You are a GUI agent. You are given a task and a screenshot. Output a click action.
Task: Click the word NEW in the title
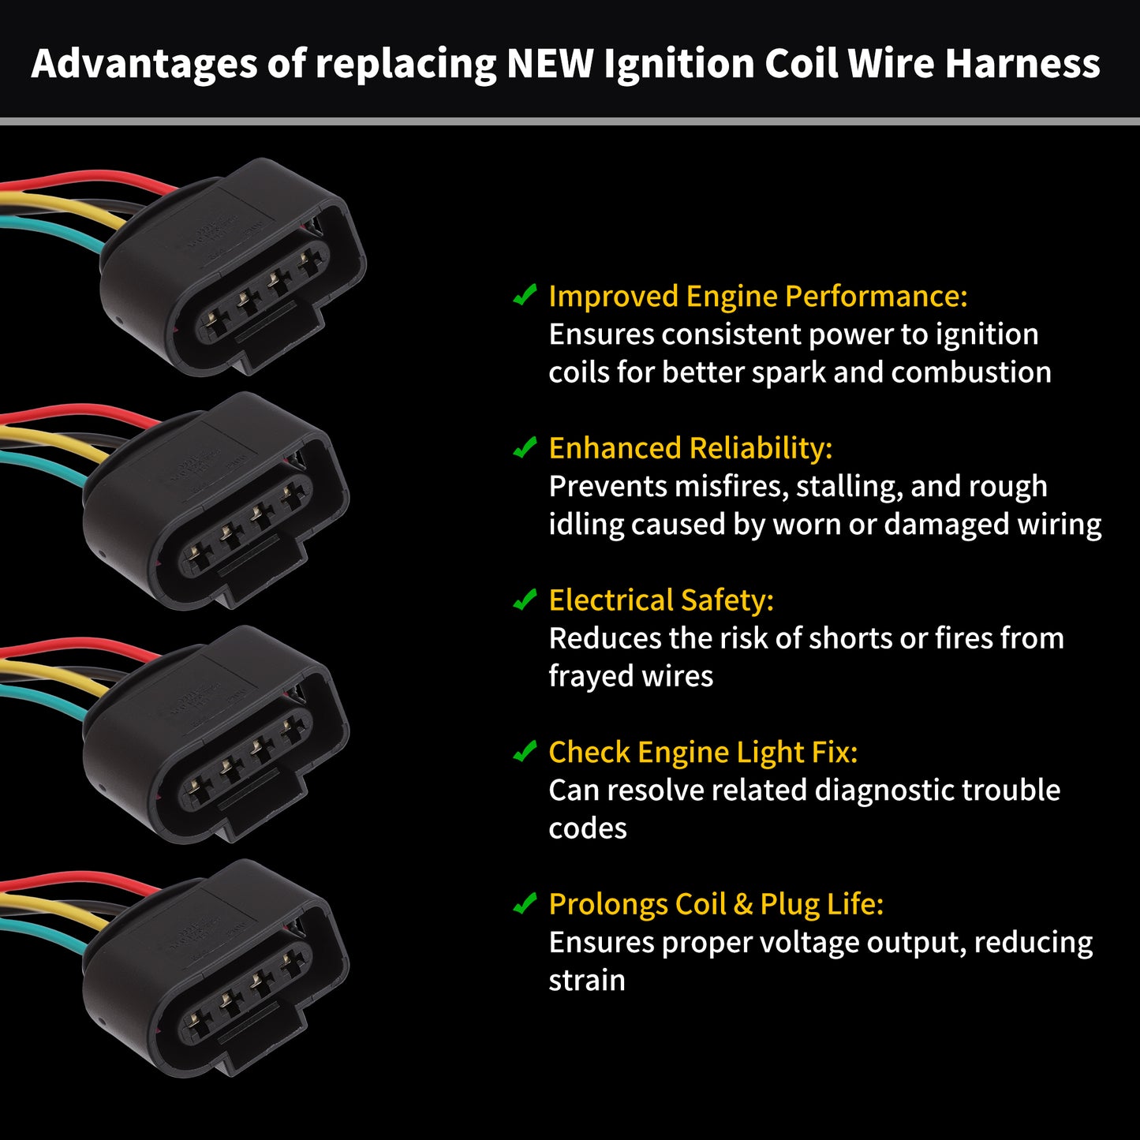tap(550, 63)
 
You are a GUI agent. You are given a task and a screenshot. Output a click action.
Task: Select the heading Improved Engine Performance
tap(758, 297)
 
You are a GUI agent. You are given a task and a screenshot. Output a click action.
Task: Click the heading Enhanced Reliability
tap(690, 448)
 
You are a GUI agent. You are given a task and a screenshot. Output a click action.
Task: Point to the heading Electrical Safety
tap(661, 600)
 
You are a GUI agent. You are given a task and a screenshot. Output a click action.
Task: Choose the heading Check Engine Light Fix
tap(703, 752)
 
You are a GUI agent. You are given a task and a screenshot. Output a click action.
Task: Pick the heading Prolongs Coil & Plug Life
tap(716, 904)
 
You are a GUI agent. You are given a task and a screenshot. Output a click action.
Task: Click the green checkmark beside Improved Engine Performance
tap(525, 294)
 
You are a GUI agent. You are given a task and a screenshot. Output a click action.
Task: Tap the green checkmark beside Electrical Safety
tap(525, 599)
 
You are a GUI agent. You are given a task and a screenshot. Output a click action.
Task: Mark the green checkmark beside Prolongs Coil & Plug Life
tap(525, 903)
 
